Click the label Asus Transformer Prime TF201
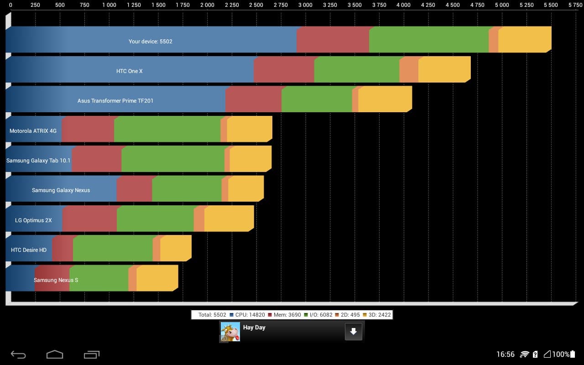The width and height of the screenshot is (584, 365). coord(115,101)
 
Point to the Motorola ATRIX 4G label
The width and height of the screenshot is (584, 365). coord(33,131)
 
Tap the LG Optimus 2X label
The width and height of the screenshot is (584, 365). coord(33,220)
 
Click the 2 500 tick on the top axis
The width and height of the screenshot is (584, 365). coord(256,5)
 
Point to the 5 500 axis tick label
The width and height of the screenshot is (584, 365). coord(551,5)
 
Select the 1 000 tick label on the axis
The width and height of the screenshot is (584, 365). coord(109,5)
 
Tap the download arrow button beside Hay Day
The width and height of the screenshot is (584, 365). coord(354,332)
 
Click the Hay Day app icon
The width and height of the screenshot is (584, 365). coord(230,332)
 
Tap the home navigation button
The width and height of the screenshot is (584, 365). coord(55,355)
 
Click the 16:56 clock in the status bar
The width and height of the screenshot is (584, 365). coord(505,355)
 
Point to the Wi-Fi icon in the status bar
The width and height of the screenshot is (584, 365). coord(524,355)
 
